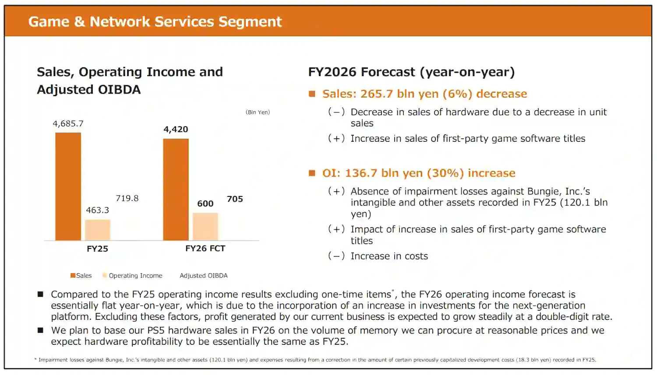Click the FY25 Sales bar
[x=68, y=186]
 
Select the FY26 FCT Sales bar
[x=176, y=189]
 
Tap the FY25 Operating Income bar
[x=98, y=230]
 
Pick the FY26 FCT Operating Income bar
[x=205, y=227]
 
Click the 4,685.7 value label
[x=68, y=124]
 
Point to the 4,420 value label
[x=176, y=129]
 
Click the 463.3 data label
[x=97, y=210]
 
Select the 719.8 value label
[x=127, y=198]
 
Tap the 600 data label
[x=205, y=203]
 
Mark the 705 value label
[x=235, y=199]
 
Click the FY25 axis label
[x=97, y=249]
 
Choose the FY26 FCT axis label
[x=205, y=249]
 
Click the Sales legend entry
[x=81, y=275]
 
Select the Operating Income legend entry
[x=132, y=275]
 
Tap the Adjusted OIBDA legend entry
[x=204, y=275]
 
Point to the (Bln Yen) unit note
[x=258, y=112]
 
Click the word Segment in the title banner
[x=250, y=22]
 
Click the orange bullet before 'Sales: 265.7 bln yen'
[x=312, y=94]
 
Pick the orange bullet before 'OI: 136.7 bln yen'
[x=312, y=173]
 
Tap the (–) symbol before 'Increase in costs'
[x=336, y=256]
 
